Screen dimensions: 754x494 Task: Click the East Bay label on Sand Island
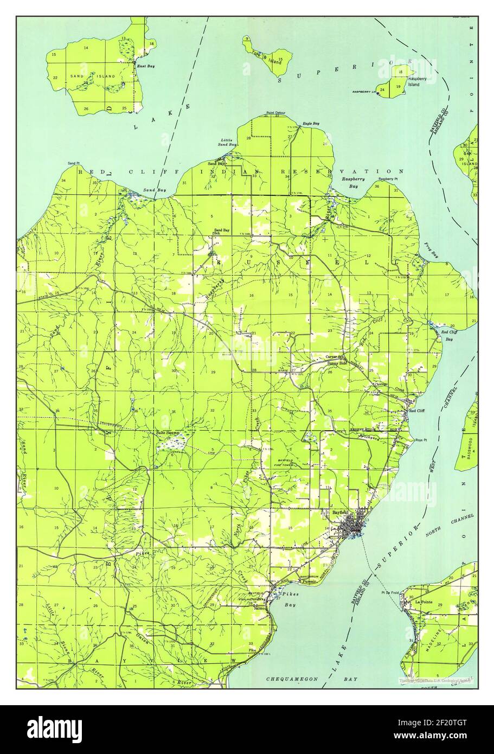(145, 66)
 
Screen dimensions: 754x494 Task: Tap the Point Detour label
(275, 113)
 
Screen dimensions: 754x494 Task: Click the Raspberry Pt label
(388, 178)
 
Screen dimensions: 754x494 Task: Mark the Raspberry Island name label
(419, 82)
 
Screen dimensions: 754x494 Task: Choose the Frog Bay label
(429, 252)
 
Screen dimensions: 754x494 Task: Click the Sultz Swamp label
(167, 432)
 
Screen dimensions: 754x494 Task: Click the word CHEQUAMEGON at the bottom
(288, 679)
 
